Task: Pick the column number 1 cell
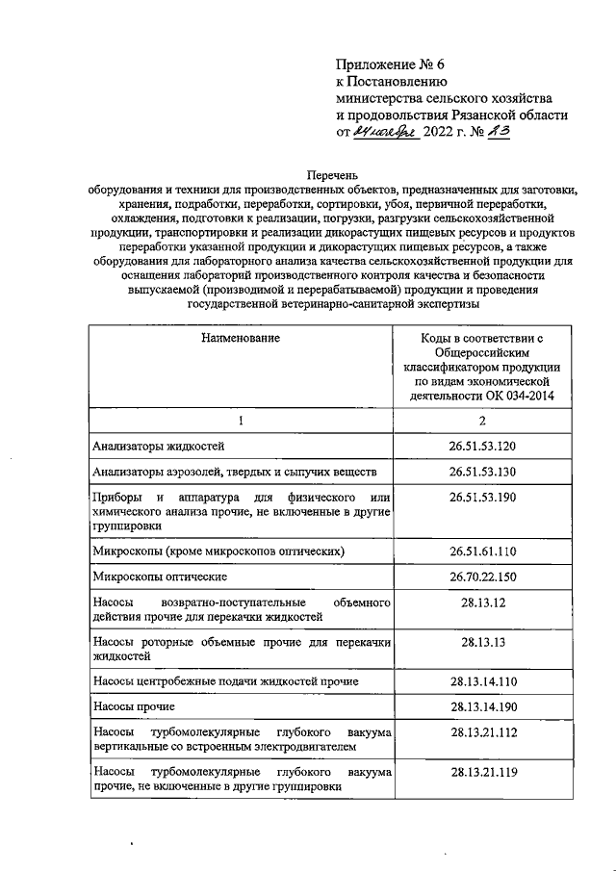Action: click(x=241, y=422)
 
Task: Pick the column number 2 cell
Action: click(x=482, y=422)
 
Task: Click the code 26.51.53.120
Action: click(x=482, y=447)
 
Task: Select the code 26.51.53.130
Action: click(x=482, y=472)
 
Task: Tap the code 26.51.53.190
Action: click(x=482, y=498)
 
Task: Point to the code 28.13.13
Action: click(x=482, y=641)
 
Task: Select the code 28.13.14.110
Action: click(x=482, y=680)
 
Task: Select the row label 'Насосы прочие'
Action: click(x=133, y=706)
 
